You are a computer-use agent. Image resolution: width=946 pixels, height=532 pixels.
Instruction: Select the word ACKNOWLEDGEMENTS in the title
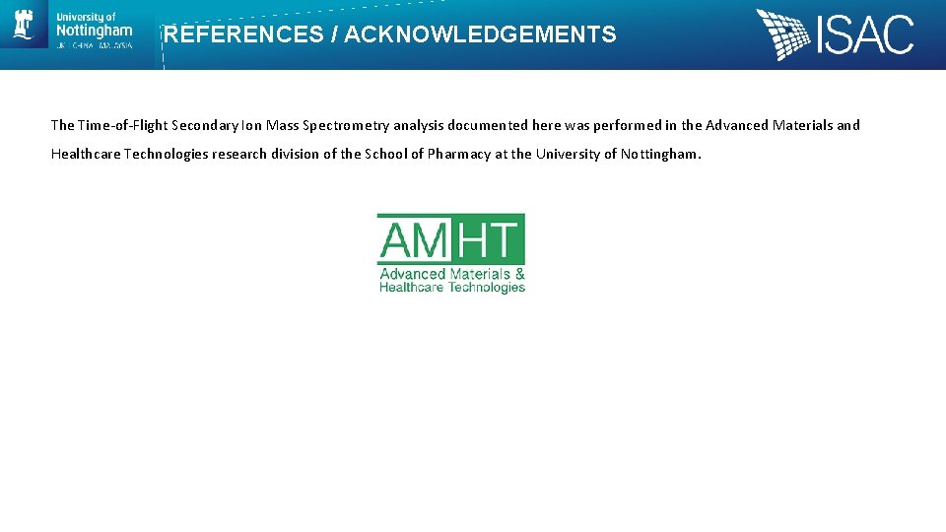tap(480, 35)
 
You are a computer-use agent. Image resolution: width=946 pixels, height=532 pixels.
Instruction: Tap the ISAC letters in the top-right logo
tap(865, 35)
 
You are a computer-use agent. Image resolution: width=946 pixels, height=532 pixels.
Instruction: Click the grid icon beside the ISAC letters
tap(784, 34)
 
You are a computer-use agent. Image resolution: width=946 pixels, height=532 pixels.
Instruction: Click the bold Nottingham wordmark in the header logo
tap(94, 32)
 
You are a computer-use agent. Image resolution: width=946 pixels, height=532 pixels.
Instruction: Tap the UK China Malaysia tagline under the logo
tap(94, 45)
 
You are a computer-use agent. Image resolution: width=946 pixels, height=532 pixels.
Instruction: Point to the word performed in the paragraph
tap(627, 125)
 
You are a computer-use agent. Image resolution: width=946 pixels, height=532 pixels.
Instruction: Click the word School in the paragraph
tap(387, 154)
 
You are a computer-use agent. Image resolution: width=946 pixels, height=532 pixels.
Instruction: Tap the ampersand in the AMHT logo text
tap(519, 274)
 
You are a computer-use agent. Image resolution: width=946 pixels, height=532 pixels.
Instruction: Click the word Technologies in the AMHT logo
tap(487, 287)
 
